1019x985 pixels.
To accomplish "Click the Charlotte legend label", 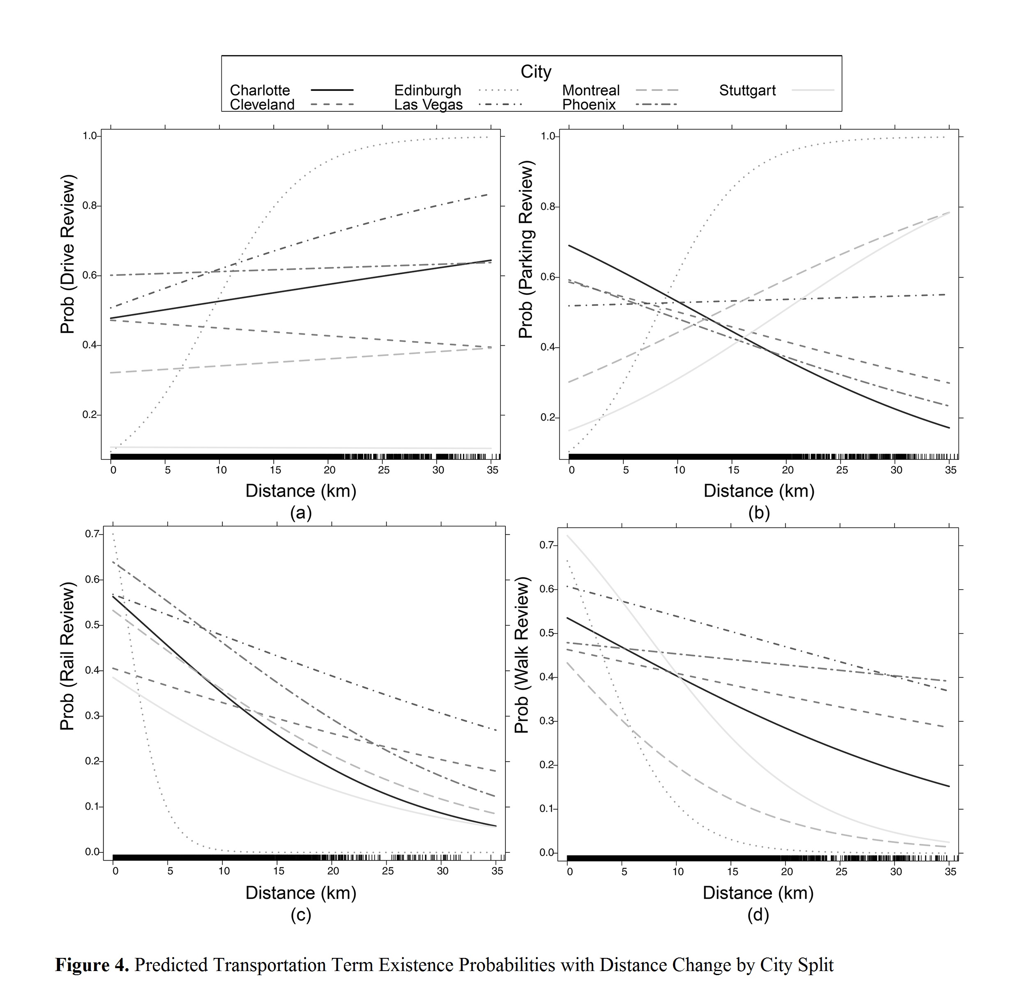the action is point(260,90).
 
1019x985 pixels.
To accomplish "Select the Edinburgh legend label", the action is point(427,90).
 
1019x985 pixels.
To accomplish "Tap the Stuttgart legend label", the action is point(747,90).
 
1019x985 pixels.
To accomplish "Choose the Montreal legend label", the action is point(591,90).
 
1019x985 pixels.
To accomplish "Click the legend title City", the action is point(536,72).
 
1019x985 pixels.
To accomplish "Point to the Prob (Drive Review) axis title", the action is point(67,254).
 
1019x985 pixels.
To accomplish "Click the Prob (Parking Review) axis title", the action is point(526,249).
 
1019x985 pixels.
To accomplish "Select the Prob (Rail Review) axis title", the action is point(67,657).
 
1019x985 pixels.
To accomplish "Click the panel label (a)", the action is point(301,513).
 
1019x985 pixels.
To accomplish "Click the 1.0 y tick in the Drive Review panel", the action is point(90,136).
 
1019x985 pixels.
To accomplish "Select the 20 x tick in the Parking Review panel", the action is point(788,470).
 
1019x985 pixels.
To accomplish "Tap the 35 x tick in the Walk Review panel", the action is point(950,872).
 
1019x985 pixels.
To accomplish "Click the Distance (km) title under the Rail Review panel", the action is point(301,893).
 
